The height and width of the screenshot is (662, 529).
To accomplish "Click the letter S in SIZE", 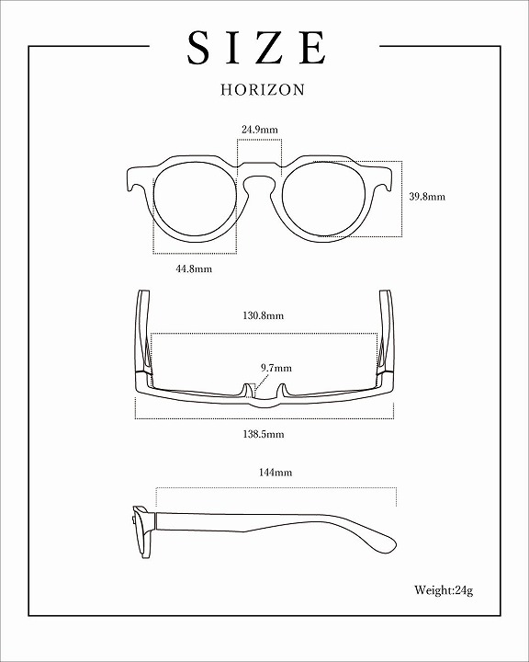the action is pos(198,47).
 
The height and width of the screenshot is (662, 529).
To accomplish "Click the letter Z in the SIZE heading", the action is pos(268,47).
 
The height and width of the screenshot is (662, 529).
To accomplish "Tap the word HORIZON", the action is pos(263,89).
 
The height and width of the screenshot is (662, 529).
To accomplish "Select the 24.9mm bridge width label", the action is pos(259,130).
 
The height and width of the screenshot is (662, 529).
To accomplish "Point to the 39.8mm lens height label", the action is pos(427,197).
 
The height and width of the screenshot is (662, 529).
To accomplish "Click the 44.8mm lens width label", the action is pos(194,268).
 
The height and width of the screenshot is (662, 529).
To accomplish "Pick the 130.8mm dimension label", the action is pos(264,315).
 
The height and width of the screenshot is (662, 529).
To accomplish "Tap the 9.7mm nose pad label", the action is pos(276,368).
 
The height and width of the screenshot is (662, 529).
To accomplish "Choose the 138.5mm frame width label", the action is pos(264,434).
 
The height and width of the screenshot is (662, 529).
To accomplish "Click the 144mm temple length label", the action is pos(275,472).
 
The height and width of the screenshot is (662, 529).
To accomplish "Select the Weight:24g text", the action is pos(444,590).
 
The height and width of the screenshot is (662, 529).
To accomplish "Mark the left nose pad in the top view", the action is pos(246,390).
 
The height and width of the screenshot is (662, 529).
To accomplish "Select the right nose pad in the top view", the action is pos(282,390).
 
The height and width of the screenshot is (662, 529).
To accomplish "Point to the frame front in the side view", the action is pos(142,532).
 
